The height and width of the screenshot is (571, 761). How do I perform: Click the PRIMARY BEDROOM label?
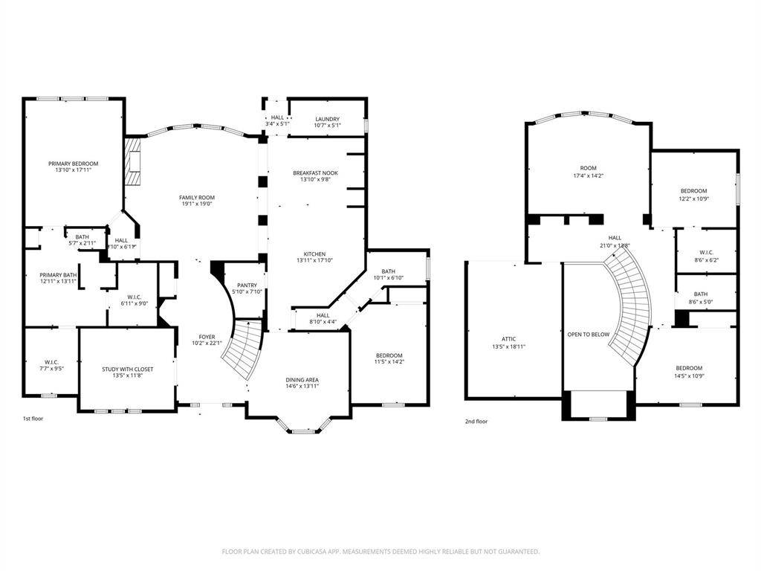click(x=73, y=164)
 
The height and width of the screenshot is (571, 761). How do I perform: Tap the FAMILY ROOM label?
click(x=196, y=197)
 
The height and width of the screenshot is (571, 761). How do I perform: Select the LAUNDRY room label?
click(x=327, y=119)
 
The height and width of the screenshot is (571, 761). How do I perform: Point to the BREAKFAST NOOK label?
click(x=315, y=172)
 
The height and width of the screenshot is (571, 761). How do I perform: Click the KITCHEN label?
click(x=314, y=254)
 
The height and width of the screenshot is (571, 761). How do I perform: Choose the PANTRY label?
click(x=247, y=285)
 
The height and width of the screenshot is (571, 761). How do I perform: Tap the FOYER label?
click(x=207, y=337)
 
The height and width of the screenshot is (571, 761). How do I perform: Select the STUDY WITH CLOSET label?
click(x=127, y=369)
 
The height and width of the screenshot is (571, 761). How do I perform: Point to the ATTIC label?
click(x=508, y=339)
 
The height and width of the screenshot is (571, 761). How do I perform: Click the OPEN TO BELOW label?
click(x=588, y=335)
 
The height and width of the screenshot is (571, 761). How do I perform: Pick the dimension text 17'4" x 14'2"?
click(x=588, y=176)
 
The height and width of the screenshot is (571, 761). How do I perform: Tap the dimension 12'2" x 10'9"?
click(x=693, y=199)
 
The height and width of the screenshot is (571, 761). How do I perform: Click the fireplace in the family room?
click(x=132, y=161)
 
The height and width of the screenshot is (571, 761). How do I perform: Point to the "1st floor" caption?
click(x=33, y=419)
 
